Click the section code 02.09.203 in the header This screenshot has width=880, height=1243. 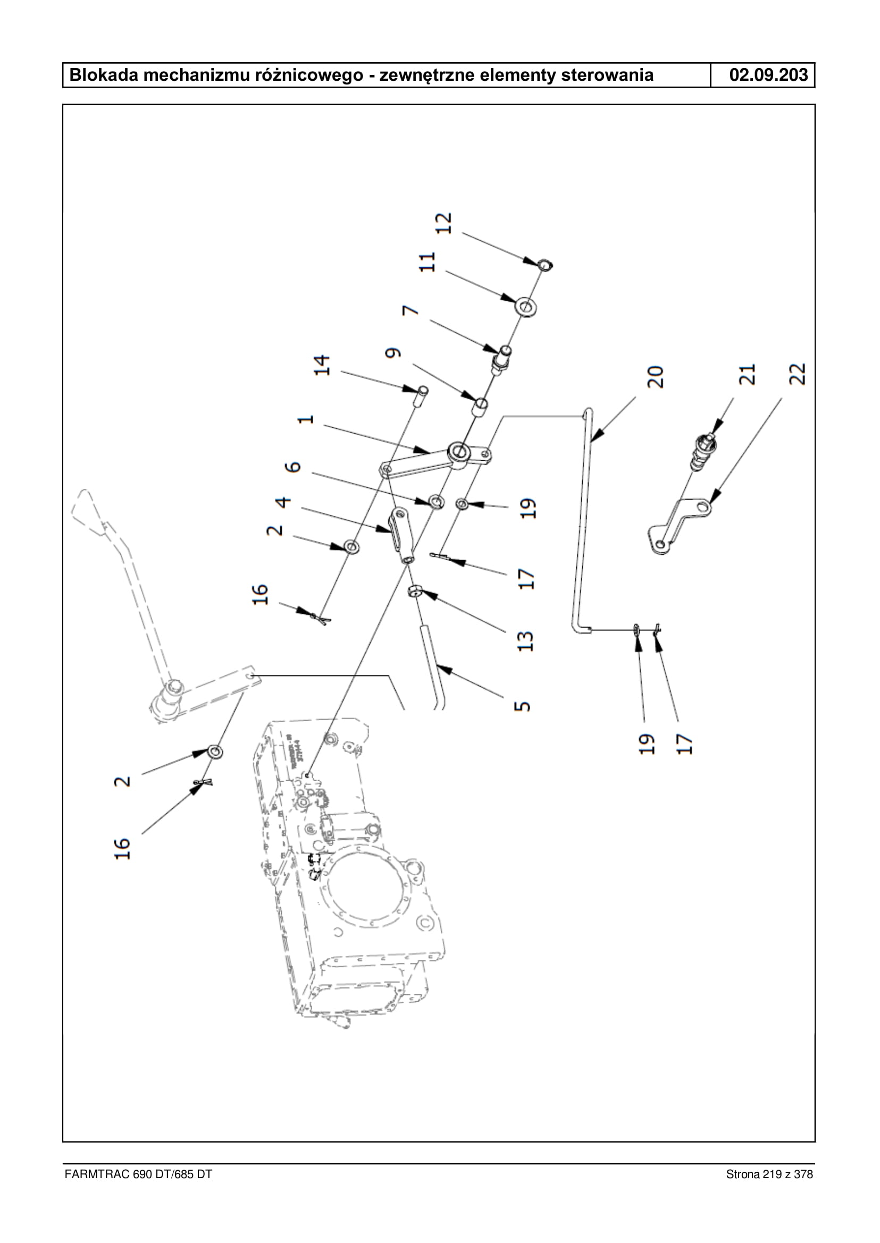point(768,75)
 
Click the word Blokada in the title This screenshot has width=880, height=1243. point(104,75)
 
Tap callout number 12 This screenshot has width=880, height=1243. point(444,223)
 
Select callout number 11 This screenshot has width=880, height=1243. point(428,262)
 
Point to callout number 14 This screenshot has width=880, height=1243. point(322,365)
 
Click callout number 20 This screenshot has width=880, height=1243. point(655,377)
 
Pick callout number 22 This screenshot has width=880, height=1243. point(798,374)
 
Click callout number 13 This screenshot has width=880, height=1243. point(525,641)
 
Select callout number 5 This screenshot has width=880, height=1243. point(522,706)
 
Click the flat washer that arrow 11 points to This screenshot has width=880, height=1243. point(525,307)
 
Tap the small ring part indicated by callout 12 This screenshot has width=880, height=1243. point(544,265)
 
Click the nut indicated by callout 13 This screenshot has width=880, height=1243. point(415,591)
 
